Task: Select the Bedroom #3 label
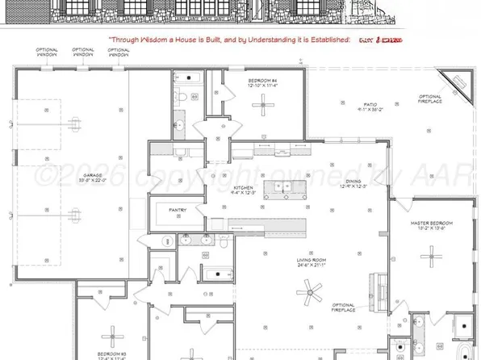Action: pos(112,355)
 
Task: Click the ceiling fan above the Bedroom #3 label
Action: pos(114,333)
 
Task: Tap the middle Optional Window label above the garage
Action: pos(82,53)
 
